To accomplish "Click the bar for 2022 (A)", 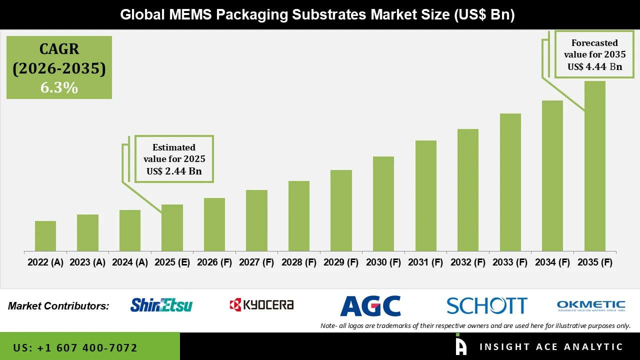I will click(45, 236).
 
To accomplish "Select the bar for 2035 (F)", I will click(594, 166).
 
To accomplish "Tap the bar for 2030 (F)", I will click(383, 203).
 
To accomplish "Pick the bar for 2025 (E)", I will click(172, 227).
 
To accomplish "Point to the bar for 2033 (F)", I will click(510, 182).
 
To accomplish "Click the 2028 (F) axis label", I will click(299, 262).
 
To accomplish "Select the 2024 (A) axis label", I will click(130, 262).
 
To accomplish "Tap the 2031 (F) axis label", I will click(425, 262).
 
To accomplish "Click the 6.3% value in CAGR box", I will click(59, 88).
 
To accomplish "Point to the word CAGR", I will click(59, 49).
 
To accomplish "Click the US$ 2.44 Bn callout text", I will click(174, 171).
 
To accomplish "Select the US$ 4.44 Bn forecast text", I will click(594, 67).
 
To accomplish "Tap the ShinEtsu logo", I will click(161, 305).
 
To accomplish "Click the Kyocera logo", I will click(261, 305).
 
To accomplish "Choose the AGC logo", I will click(370, 306).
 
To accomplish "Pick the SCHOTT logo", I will click(486, 305).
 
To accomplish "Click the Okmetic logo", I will click(591, 305).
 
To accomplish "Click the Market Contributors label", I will click(58, 306).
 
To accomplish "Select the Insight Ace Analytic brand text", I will click(551, 347).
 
